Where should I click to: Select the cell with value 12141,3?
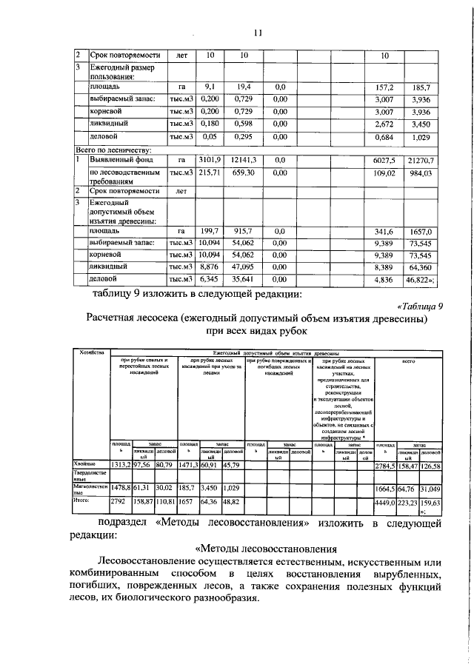242,159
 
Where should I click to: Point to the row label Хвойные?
87,463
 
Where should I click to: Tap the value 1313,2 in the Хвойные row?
121,464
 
